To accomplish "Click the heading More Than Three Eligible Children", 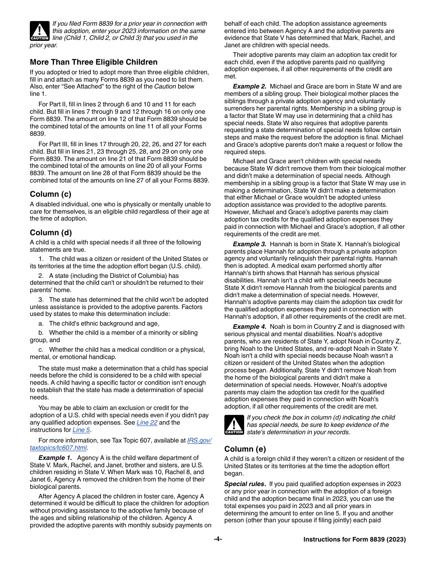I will (94, 62).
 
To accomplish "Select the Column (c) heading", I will (50, 194).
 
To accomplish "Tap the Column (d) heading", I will (50, 232).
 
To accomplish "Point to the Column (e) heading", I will (245, 449).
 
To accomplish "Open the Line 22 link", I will (147, 422).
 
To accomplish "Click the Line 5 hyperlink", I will (81, 430).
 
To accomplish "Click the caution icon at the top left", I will (39, 31).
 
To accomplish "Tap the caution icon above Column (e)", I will (234, 425).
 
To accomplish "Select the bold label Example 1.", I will (55, 458).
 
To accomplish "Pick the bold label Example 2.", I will (249, 86).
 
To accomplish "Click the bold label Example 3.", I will (249, 244).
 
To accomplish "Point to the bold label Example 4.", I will (249, 326).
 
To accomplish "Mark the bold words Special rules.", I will (245, 484).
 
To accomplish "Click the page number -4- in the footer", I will (218, 539).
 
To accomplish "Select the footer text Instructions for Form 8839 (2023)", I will (354, 540).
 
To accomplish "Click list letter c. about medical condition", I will (41, 349).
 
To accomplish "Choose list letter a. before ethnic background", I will (41, 323).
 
